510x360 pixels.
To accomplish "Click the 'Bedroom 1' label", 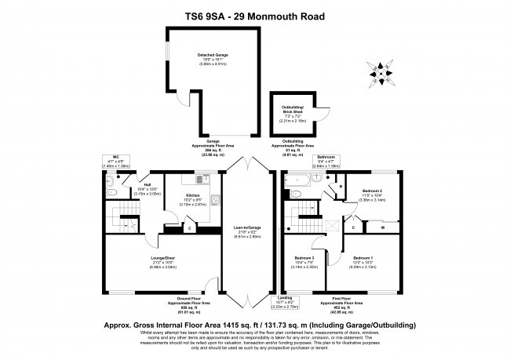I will pos(362,257).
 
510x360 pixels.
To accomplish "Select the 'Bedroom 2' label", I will pos(372,191).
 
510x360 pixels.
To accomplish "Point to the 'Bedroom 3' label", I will pos(304,257).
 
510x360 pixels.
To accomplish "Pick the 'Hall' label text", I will pos(146,184).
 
